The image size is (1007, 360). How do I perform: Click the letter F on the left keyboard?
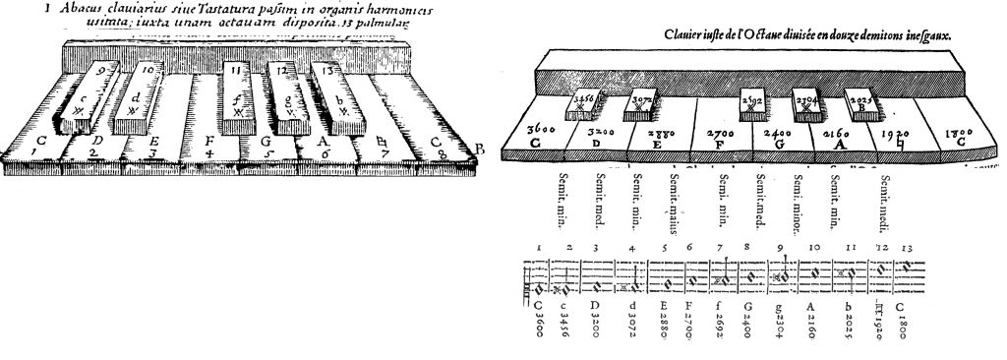[207, 141]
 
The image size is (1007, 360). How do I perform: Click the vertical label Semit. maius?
[677, 201]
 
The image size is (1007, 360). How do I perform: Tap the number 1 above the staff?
[540, 247]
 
